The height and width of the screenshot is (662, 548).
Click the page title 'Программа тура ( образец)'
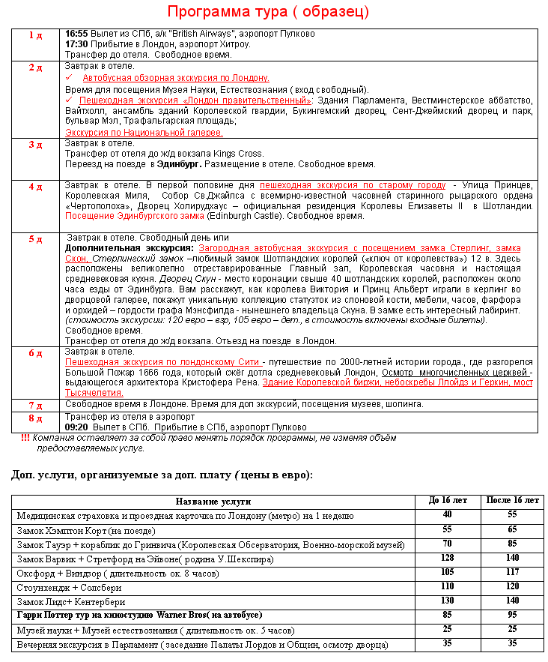click(267, 12)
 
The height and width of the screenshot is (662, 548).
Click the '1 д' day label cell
click(36, 35)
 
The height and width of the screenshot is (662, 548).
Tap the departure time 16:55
click(76, 34)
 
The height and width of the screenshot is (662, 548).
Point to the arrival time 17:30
click(76, 44)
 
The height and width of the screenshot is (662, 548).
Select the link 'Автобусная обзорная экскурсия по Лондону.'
click(176, 78)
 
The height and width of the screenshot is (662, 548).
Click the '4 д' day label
click(36, 187)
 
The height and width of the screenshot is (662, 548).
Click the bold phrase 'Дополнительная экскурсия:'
click(130, 248)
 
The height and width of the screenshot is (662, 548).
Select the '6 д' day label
click(36, 353)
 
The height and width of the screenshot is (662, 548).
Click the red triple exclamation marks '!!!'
click(25, 438)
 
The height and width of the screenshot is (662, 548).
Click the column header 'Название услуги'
click(213, 502)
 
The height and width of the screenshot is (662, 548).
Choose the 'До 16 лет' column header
click(447, 501)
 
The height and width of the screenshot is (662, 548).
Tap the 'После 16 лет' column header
click(512, 501)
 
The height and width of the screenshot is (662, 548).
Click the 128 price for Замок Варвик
click(447, 559)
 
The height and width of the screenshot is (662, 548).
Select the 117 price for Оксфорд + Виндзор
click(512, 574)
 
